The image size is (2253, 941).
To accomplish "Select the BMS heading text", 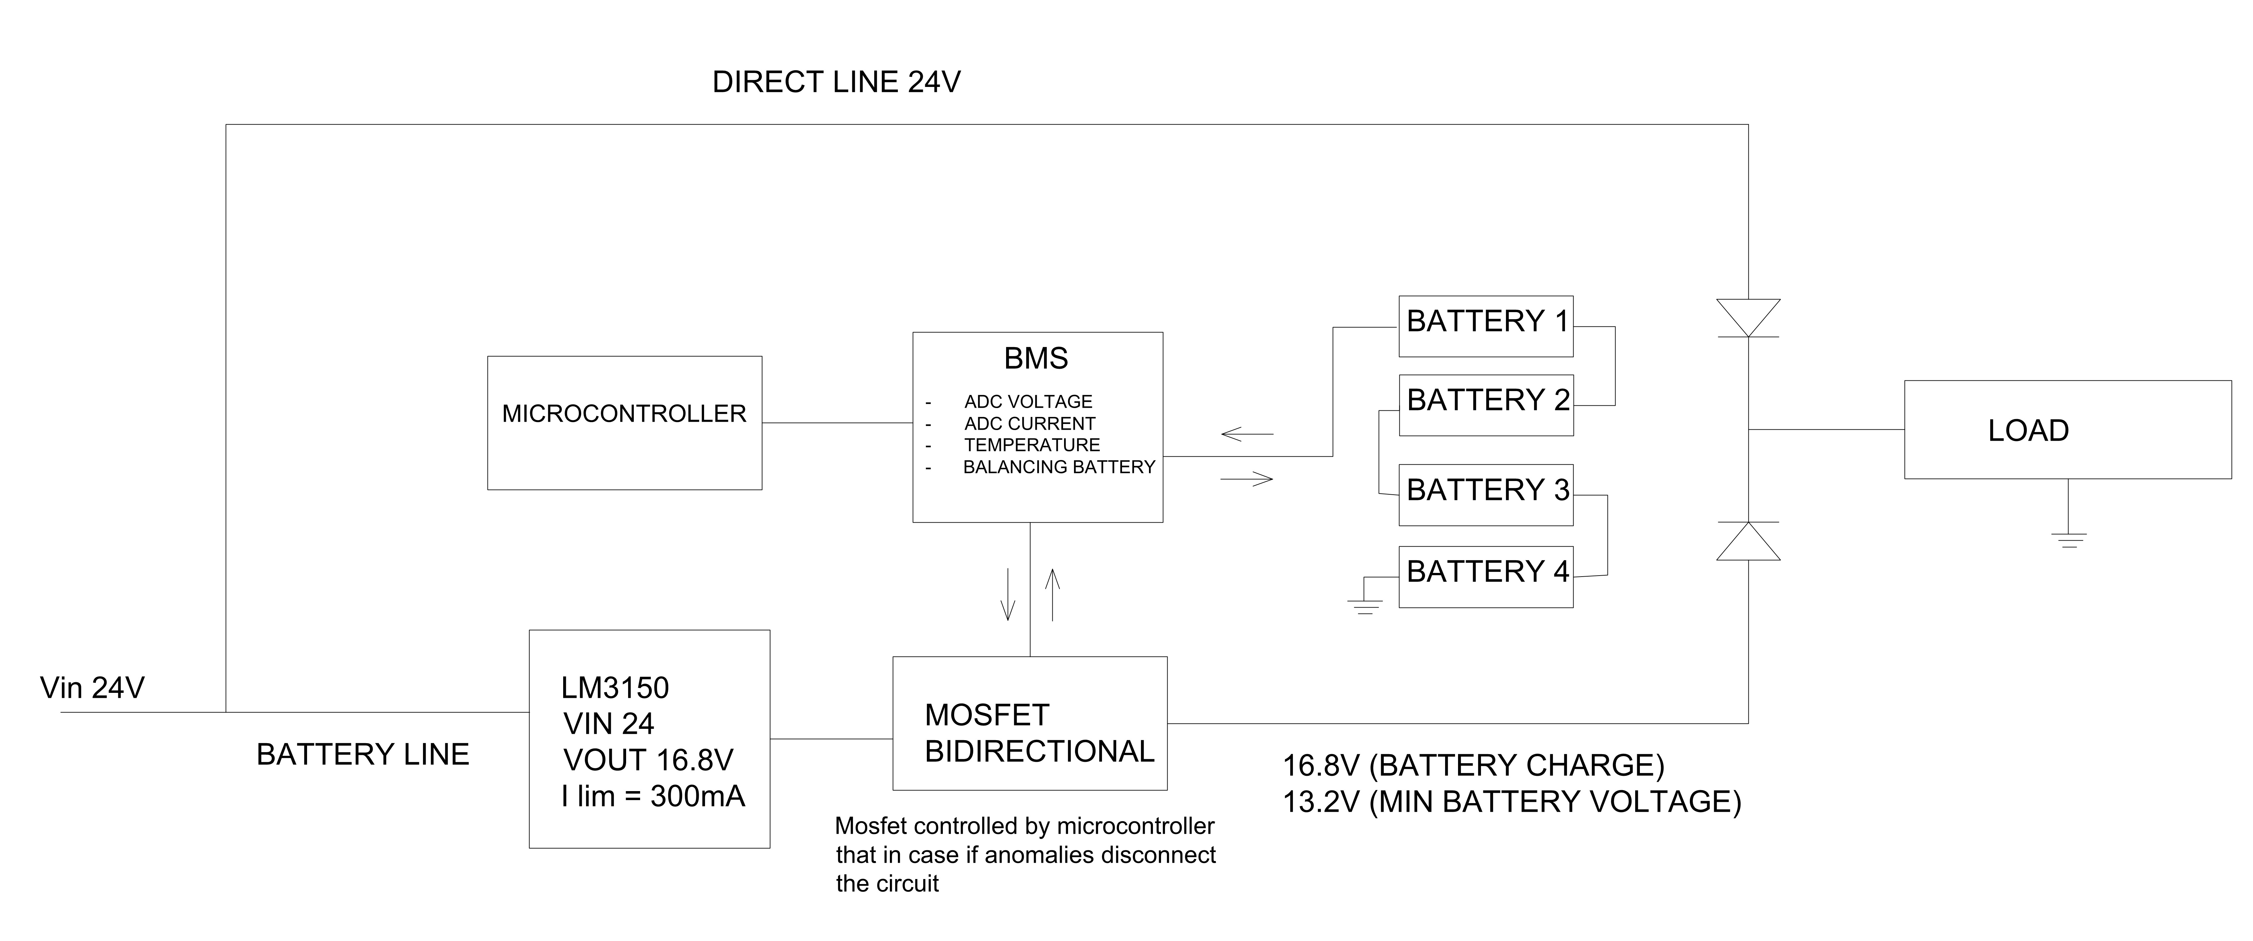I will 1035,358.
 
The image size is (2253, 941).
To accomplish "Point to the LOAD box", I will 2067,429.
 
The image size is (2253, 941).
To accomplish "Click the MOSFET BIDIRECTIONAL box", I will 1029,723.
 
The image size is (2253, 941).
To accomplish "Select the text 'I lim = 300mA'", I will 652,796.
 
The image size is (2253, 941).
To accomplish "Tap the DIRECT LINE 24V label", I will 836,82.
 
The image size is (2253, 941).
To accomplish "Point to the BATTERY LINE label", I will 362,754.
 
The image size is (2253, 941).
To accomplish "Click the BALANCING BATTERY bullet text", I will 1058,467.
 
